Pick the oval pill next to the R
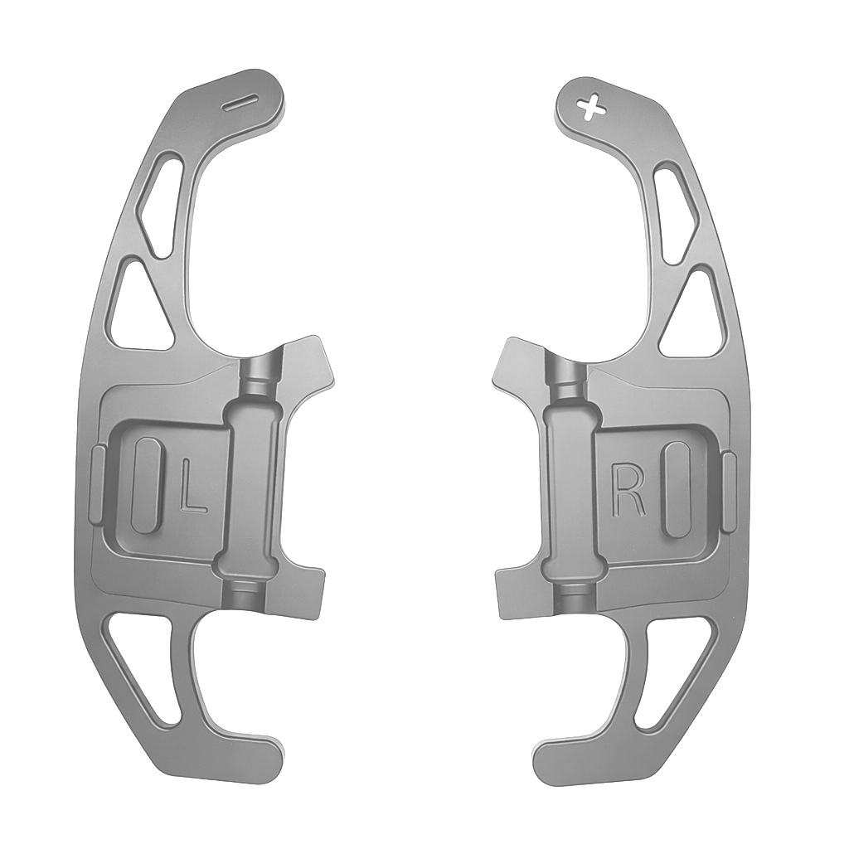pyautogui.click(x=677, y=488)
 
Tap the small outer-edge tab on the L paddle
pyautogui.click(x=96, y=485)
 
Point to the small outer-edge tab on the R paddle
pyautogui.click(x=729, y=492)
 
